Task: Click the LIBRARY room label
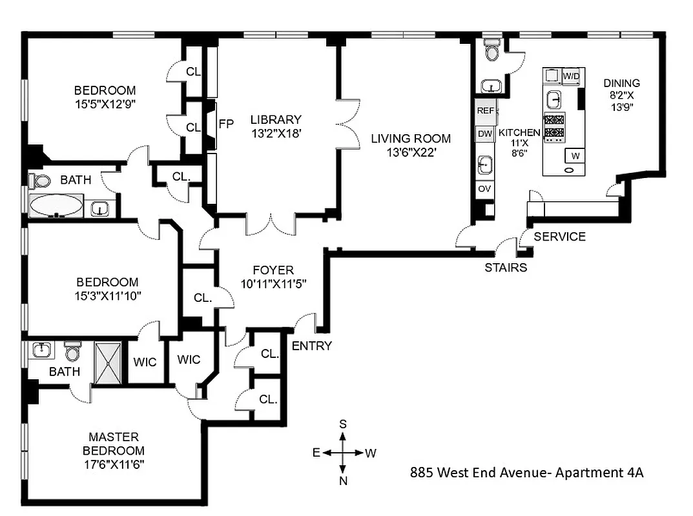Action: click(x=276, y=119)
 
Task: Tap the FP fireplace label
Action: click(x=226, y=124)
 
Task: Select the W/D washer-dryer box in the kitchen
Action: click(x=572, y=76)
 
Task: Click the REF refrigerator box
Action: click(x=485, y=111)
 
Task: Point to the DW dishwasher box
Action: click(x=485, y=134)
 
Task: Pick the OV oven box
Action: click(x=484, y=189)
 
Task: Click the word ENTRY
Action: click(x=311, y=346)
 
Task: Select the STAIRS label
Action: click(x=506, y=267)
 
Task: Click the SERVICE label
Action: click(x=559, y=237)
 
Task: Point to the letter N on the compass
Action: click(x=344, y=480)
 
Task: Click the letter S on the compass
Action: click(x=344, y=424)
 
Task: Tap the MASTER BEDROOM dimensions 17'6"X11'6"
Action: click(x=114, y=464)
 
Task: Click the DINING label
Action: click(x=621, y=83)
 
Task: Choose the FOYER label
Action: click(x=273, y=270)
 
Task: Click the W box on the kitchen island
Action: click(x=574, y=155)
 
